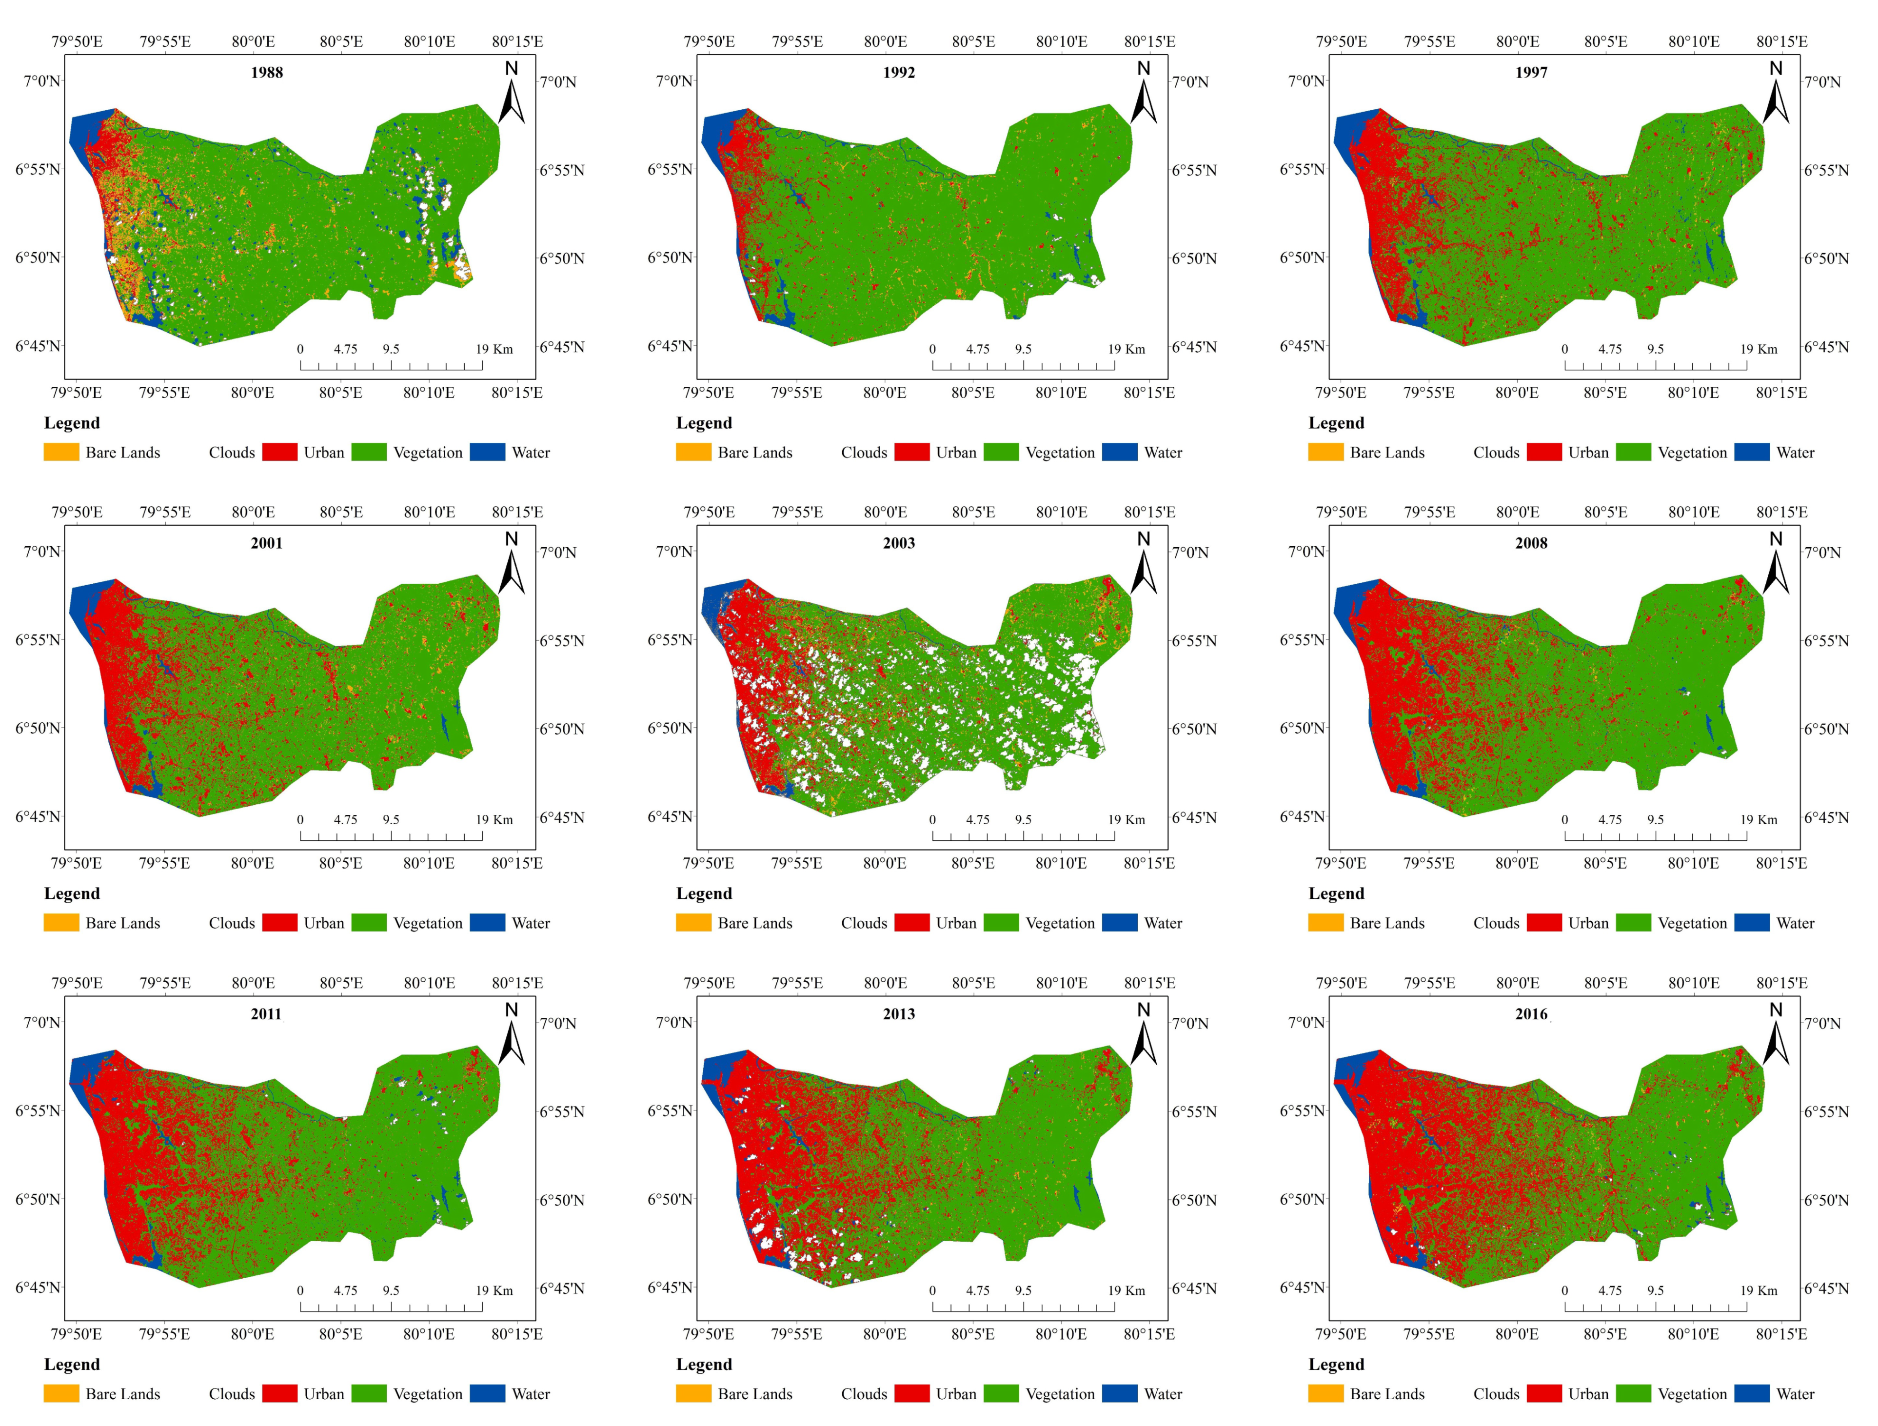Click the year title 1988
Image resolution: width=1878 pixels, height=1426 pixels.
(x=267, y=72)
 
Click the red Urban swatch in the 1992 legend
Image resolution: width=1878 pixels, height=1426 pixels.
(x=912, y=453)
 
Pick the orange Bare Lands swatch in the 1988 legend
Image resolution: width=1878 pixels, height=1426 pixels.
(x=61, y=453)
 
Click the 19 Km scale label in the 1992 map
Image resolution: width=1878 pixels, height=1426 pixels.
(x=1126, y=349)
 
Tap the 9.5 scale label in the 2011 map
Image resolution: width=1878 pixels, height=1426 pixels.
(x=391, y=1290)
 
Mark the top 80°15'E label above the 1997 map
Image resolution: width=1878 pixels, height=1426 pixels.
(x=1781, y=41)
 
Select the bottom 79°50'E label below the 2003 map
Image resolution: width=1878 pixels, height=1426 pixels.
(x=708, y=863)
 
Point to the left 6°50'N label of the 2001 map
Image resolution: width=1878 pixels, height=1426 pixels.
(x=38, y=728)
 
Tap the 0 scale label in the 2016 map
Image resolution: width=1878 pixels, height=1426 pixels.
(x=1565, y=1290)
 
